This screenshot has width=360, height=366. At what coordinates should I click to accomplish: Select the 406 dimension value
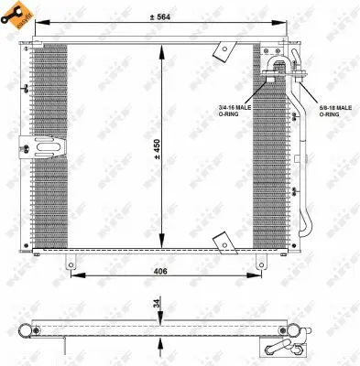pyautogui.click(x=160, y=272)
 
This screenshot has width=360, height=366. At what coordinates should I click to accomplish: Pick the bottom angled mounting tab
pyautogui.click(x=222, y=242)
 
